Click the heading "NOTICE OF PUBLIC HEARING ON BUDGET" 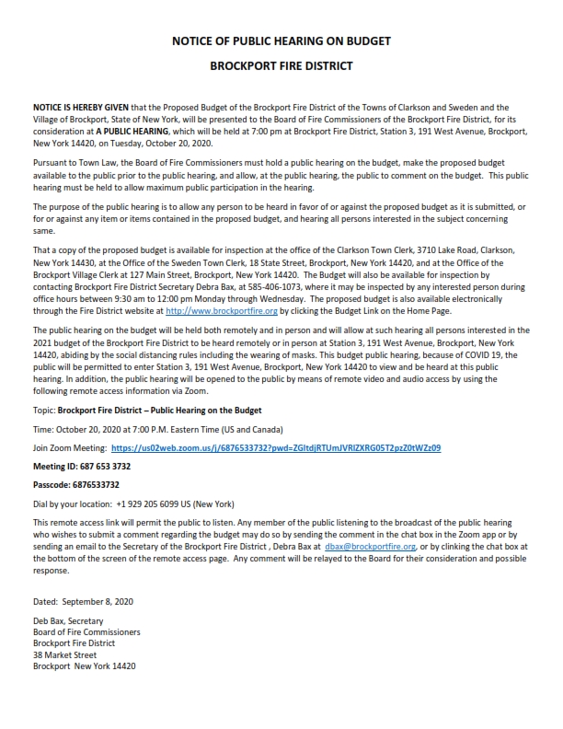point(281,42)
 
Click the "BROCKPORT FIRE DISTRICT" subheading point(281,66)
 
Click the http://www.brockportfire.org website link point(208,312)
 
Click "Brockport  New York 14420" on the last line point(84,665)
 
